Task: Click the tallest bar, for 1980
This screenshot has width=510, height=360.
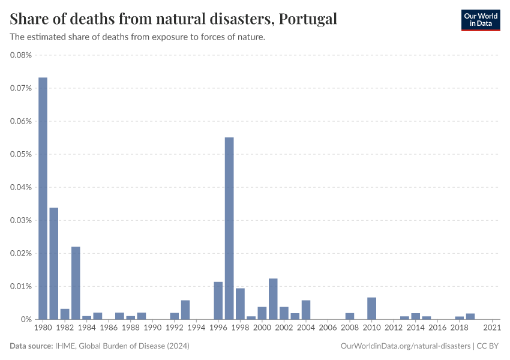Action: click(x=43, y=198)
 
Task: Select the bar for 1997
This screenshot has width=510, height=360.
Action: click(x=229, y=228)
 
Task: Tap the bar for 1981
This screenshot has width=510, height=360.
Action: click(x=54, y=263)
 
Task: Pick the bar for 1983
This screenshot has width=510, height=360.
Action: click(x=76, y=283)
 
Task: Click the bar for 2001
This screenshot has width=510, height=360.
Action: click(x=273, y=299)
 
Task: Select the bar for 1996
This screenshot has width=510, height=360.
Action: click(x=218, y=301)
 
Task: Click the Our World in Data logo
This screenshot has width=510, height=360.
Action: click(x=481, y=20)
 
